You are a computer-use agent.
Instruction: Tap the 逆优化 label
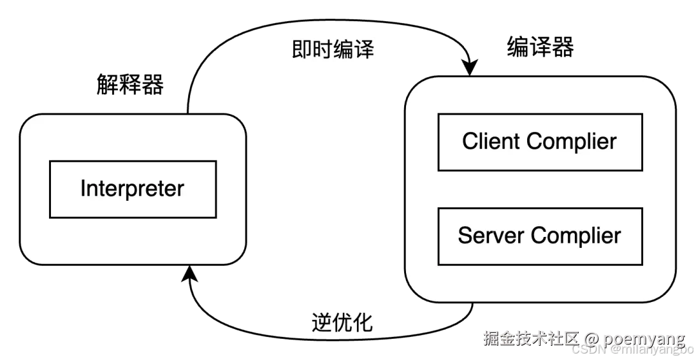tap(342, 322)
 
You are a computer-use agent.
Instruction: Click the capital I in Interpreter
tap(83, 189)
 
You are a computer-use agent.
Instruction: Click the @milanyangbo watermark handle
tap(652, 348)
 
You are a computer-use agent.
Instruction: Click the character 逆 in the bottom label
tap(322, 322)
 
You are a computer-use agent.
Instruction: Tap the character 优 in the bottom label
tap(342, 322)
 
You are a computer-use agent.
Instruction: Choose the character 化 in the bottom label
tap(363, 322)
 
